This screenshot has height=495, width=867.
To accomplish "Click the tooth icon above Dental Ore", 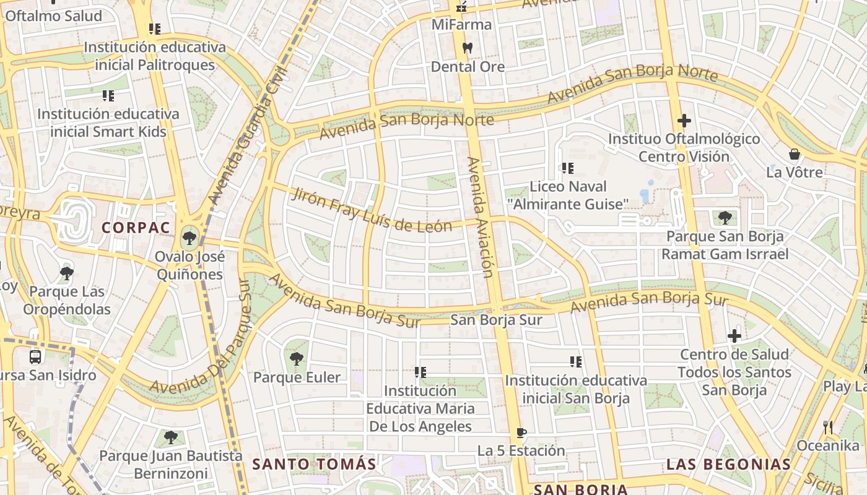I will coord(468,48).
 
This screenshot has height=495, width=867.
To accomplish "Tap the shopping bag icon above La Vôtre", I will coord(795,154).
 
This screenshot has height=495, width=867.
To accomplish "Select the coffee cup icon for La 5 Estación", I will coord(521,433).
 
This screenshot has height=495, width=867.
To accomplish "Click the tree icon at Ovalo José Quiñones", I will coord(190,237).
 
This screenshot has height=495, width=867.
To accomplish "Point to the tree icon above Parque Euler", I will coord(297,358).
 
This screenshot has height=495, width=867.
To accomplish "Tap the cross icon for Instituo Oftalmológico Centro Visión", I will coord(684,121).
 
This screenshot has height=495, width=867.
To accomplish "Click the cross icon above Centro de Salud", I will coord(734,336).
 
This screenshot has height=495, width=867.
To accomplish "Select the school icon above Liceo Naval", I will coord(568,168).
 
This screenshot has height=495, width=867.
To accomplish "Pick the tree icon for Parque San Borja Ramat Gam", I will coord(725,218).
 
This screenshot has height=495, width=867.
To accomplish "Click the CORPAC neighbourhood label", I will coord(136,228).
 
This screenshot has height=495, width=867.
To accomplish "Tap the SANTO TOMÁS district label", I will coord(314,464).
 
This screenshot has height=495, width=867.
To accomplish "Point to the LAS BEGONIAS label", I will coord(728,464).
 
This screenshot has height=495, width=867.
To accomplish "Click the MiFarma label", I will coord(462,25).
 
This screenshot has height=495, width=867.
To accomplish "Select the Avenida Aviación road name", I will coord(481,217).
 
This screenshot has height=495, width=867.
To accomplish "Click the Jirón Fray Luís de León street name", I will coord(372,210).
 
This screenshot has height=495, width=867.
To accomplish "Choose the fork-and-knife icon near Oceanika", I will coord(828,427).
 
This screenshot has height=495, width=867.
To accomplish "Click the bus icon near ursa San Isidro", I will coord(35,356).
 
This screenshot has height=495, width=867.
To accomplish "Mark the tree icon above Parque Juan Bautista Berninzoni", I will coord(170,438).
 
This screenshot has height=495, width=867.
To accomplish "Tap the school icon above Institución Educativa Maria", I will coord(420,372).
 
